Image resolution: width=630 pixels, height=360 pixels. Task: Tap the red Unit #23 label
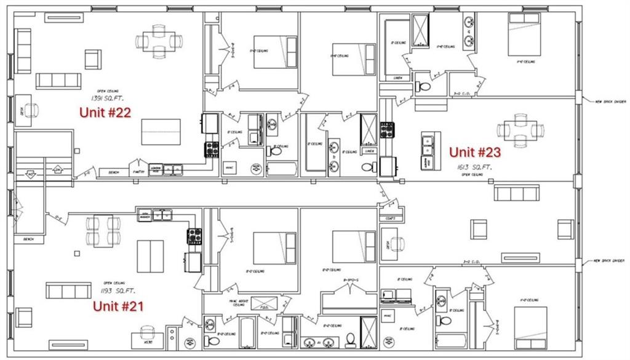click(474, 152)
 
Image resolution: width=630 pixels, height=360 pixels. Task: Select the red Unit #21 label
click(118, 306)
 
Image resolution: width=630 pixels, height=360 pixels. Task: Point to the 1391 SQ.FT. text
click(105, 98)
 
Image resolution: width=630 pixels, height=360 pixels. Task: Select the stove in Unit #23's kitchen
click(387, 130)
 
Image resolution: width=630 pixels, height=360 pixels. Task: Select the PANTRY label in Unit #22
click(138, 172)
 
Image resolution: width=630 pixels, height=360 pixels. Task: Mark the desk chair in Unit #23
click(397, 244)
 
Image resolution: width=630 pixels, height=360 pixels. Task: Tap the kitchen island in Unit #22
click(161, 132)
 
